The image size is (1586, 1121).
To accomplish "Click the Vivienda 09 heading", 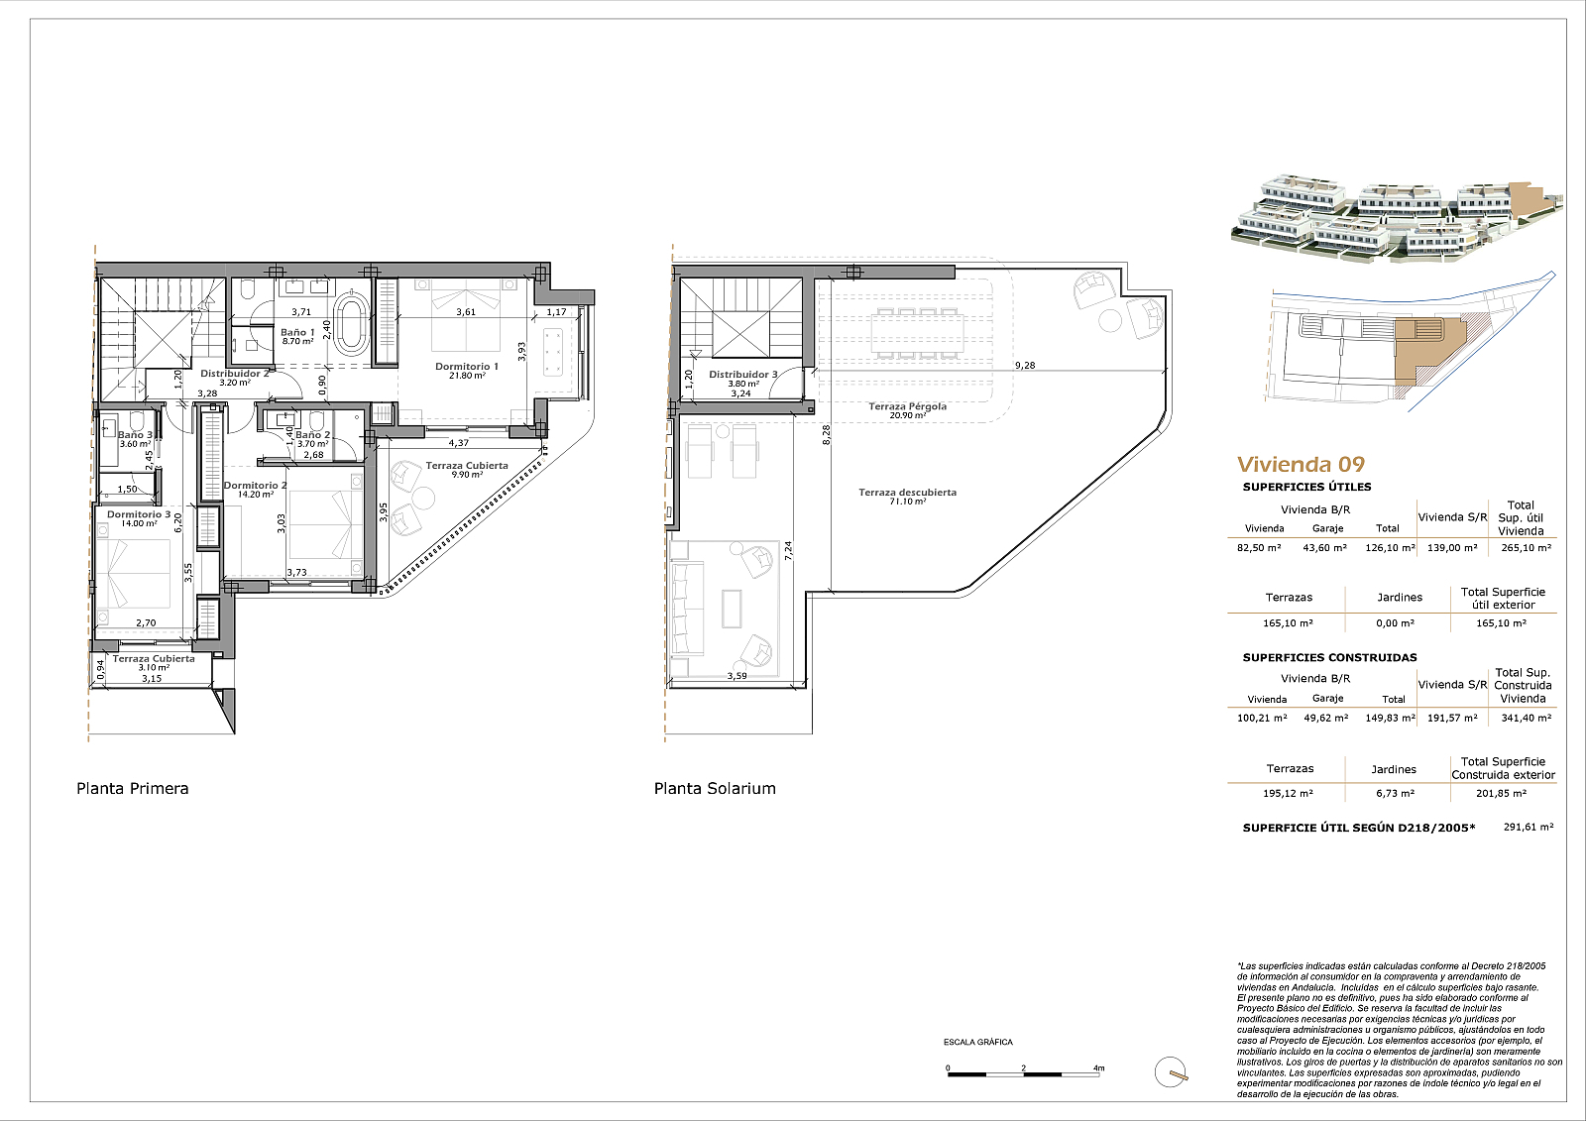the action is pyautogui.click(x=1301, y=465).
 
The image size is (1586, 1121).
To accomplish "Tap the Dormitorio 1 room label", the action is pyautogui.click(x=467, y=366).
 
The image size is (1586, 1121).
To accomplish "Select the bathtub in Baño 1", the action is pyautogui.click(x=350, y=324).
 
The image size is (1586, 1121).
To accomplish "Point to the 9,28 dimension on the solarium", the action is pyautogui.click(x=1025, y=366).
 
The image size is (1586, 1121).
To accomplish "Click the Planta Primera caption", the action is pyautogui.click(x=133, y=788).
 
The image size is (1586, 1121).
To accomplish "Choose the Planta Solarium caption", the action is pyautogui.click(x=715, y=788).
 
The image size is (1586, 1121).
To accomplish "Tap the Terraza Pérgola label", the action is pyautogui.click(x=908, y=406).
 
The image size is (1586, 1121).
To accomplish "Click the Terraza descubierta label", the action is pyautogui.click(x=908, y=492).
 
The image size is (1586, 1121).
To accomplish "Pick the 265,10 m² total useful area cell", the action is pyautogui.click(x=1526, y=547).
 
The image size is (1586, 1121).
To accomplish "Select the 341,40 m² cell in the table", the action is pyautogui.click(x=1526, y=718).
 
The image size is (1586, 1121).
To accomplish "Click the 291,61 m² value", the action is pyautogui.click(x=1529, y=827).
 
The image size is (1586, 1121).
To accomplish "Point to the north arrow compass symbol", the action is pyautogui.click(x=1171, y=1071).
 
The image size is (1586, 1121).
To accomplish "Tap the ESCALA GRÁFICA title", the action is pyautogui.click(x=977, y=1042).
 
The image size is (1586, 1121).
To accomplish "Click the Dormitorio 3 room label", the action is pyautogui.click(x=139, y=514).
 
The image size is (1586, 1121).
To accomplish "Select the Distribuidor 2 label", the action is pyautogui.click(x=234, y=374).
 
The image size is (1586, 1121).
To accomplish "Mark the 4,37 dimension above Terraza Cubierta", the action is pyautogui.click(x=458, y=443).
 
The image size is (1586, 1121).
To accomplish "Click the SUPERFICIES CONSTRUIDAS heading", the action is pyautogui.click(x=1329, y=657).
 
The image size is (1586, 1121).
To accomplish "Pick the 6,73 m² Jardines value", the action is pyautogui.click(x=1395, y=793).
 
